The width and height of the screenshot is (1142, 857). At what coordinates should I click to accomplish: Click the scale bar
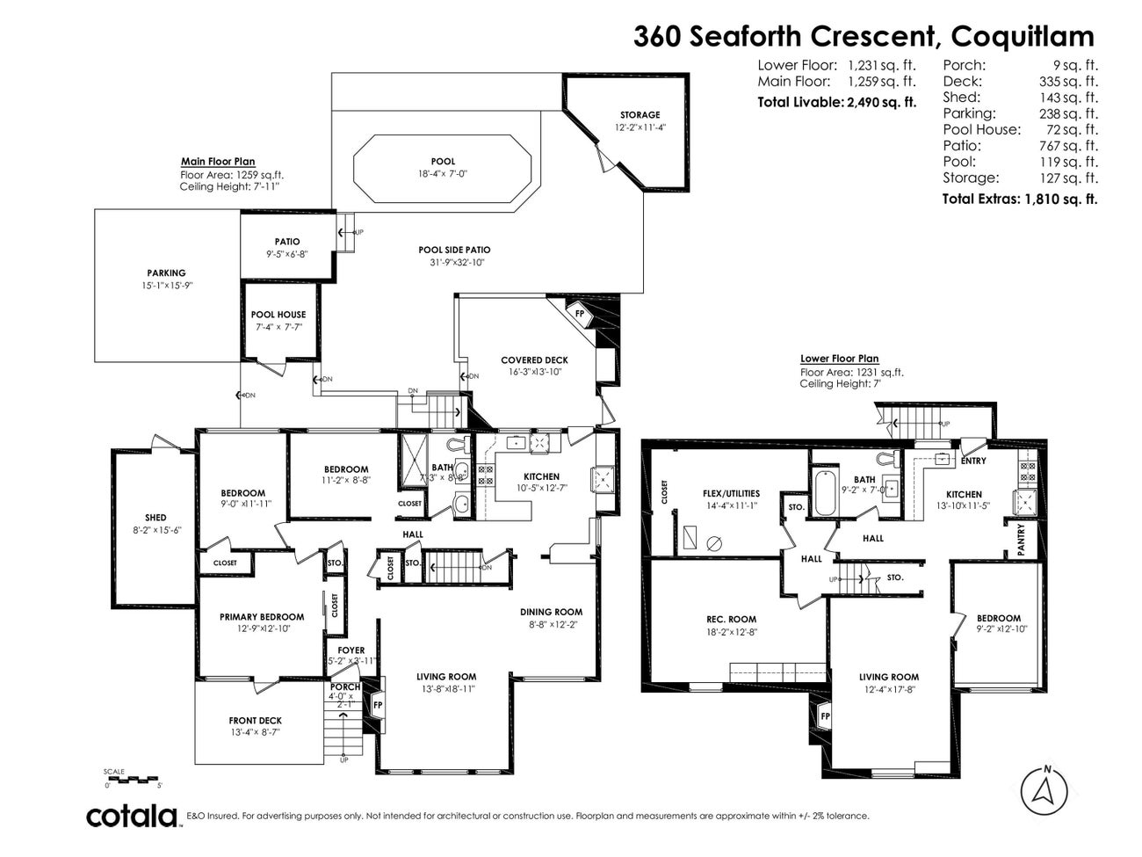point(131,778)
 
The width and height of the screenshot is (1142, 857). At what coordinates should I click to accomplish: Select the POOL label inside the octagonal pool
point(443,162)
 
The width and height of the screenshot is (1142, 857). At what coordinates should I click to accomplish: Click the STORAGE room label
point(640,115)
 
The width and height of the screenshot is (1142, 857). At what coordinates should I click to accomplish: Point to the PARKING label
point(166,273)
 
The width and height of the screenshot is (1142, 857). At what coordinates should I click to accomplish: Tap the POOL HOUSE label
point(278,315)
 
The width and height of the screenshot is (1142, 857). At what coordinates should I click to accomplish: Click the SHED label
point(155,518)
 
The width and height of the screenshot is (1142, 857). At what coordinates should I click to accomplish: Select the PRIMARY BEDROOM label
point(262,617)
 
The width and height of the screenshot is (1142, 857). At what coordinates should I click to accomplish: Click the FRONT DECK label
point(256,721)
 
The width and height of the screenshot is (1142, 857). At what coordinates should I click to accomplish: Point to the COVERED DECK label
point(534,360)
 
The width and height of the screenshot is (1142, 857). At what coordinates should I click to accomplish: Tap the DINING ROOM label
point(551,613)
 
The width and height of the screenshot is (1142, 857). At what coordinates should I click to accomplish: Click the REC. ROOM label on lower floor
point(731,620)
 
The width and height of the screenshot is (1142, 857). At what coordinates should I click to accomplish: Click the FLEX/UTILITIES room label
point(731,494)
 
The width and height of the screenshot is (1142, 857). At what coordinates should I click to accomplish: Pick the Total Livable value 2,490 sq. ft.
point(881,102)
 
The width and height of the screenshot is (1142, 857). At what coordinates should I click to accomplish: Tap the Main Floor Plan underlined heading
point(218,162)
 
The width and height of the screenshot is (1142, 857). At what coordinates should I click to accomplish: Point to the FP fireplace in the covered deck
point(580,313)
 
